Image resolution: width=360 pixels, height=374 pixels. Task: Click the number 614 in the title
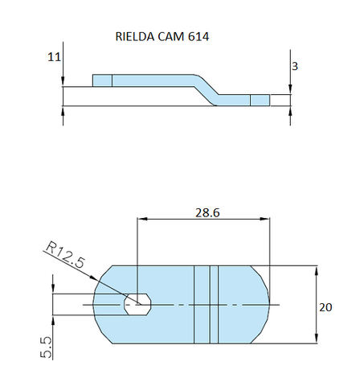click(199, 37)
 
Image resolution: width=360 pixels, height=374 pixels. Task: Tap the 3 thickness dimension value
click(295, 67)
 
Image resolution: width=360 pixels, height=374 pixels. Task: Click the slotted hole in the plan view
click(139, 304)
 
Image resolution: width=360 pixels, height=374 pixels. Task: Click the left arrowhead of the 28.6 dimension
click(142, 217)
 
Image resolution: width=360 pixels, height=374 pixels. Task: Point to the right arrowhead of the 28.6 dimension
click(268, 217)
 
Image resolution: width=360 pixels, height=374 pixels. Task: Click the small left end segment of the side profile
click(102, 80)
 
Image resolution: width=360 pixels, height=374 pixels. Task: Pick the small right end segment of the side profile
click(260, 100)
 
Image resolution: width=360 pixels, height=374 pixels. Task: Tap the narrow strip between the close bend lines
click(214, 306)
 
